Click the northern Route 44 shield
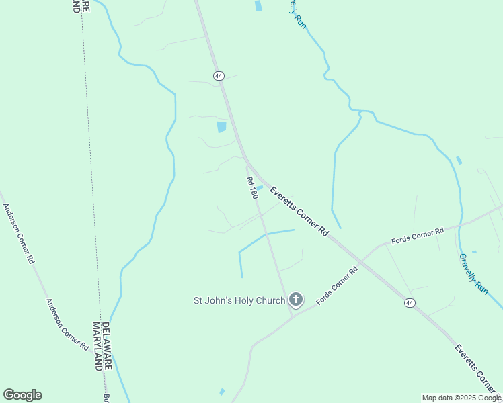point(219,76)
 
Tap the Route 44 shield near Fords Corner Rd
point(410,303)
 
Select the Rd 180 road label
point(252,187)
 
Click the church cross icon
point(295,300)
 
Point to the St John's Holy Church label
point(240,300)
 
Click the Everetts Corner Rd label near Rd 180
point(299,212)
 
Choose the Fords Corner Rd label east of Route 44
point(418,235)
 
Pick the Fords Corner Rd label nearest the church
point(337,285)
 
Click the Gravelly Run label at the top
point(298,13)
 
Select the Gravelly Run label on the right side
point(473,273)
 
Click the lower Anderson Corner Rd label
point(67,325)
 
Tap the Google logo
point(22,395)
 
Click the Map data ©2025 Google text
point(461,398)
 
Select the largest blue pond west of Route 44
point(221,126)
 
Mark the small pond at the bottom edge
point(222,392)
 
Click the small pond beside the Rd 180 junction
point(260,188)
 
